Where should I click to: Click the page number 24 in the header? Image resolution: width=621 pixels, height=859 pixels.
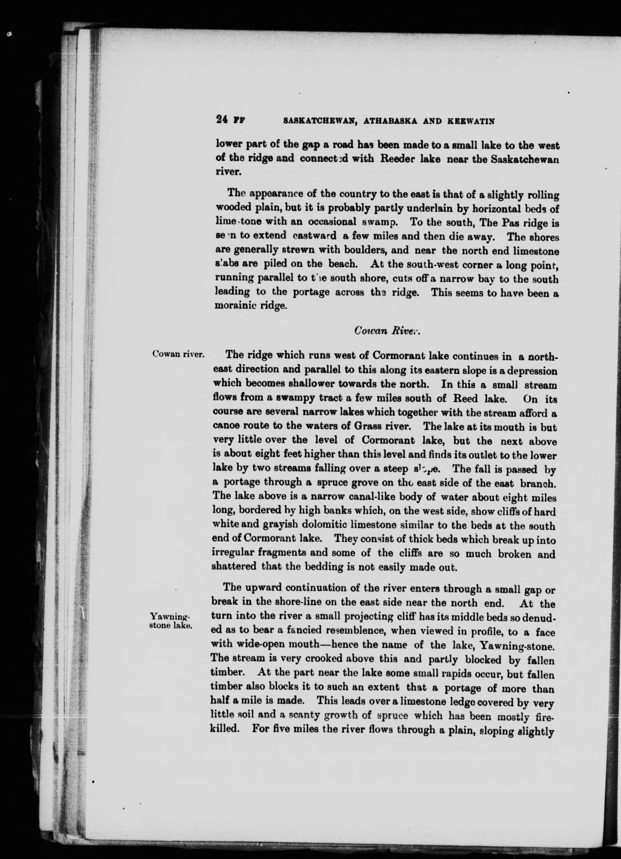(221, 121)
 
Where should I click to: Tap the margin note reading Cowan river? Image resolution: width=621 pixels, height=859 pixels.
(178, 354)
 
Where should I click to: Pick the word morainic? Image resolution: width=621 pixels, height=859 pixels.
(234, 306)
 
